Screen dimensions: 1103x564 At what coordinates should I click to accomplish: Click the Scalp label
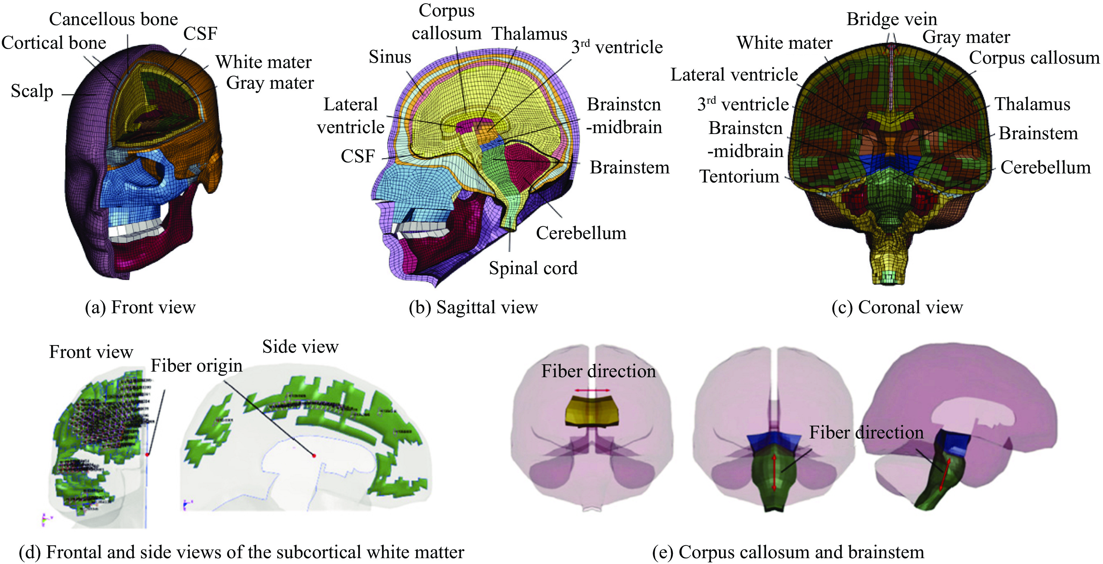pyautogui.click(x=32, y=91)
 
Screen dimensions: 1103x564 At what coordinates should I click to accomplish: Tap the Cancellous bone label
pyautogui.click(x=114, y=19)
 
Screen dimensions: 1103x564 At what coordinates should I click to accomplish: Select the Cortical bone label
pyautogui.click(x=54, y=43)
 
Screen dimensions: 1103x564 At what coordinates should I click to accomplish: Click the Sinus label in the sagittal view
pyautogui.click(x=390, y=57)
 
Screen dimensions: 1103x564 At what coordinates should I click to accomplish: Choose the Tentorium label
pyautogui.click(x=739, y=176)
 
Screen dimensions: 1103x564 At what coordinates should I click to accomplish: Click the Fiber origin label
pyautogui.click(x=197, y=366)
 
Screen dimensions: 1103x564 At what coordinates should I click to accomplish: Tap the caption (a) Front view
pyautogui.click(x=140, y=307)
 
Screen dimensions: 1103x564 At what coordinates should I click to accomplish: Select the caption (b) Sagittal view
pyautogui.click(x=473, y=307)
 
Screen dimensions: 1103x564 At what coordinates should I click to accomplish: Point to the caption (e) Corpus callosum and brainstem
pyautogui.click(x=788, y=552)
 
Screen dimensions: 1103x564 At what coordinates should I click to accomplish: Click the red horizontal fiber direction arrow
pyautogui.click(x=593, y=390)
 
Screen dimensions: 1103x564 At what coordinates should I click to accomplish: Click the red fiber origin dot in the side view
pyautogui.click(x=314, y=456)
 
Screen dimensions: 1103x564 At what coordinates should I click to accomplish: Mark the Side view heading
pyautogui.click(x=300, y=347)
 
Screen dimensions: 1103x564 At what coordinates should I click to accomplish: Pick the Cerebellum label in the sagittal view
pyautogui.click(x=581, y=233)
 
